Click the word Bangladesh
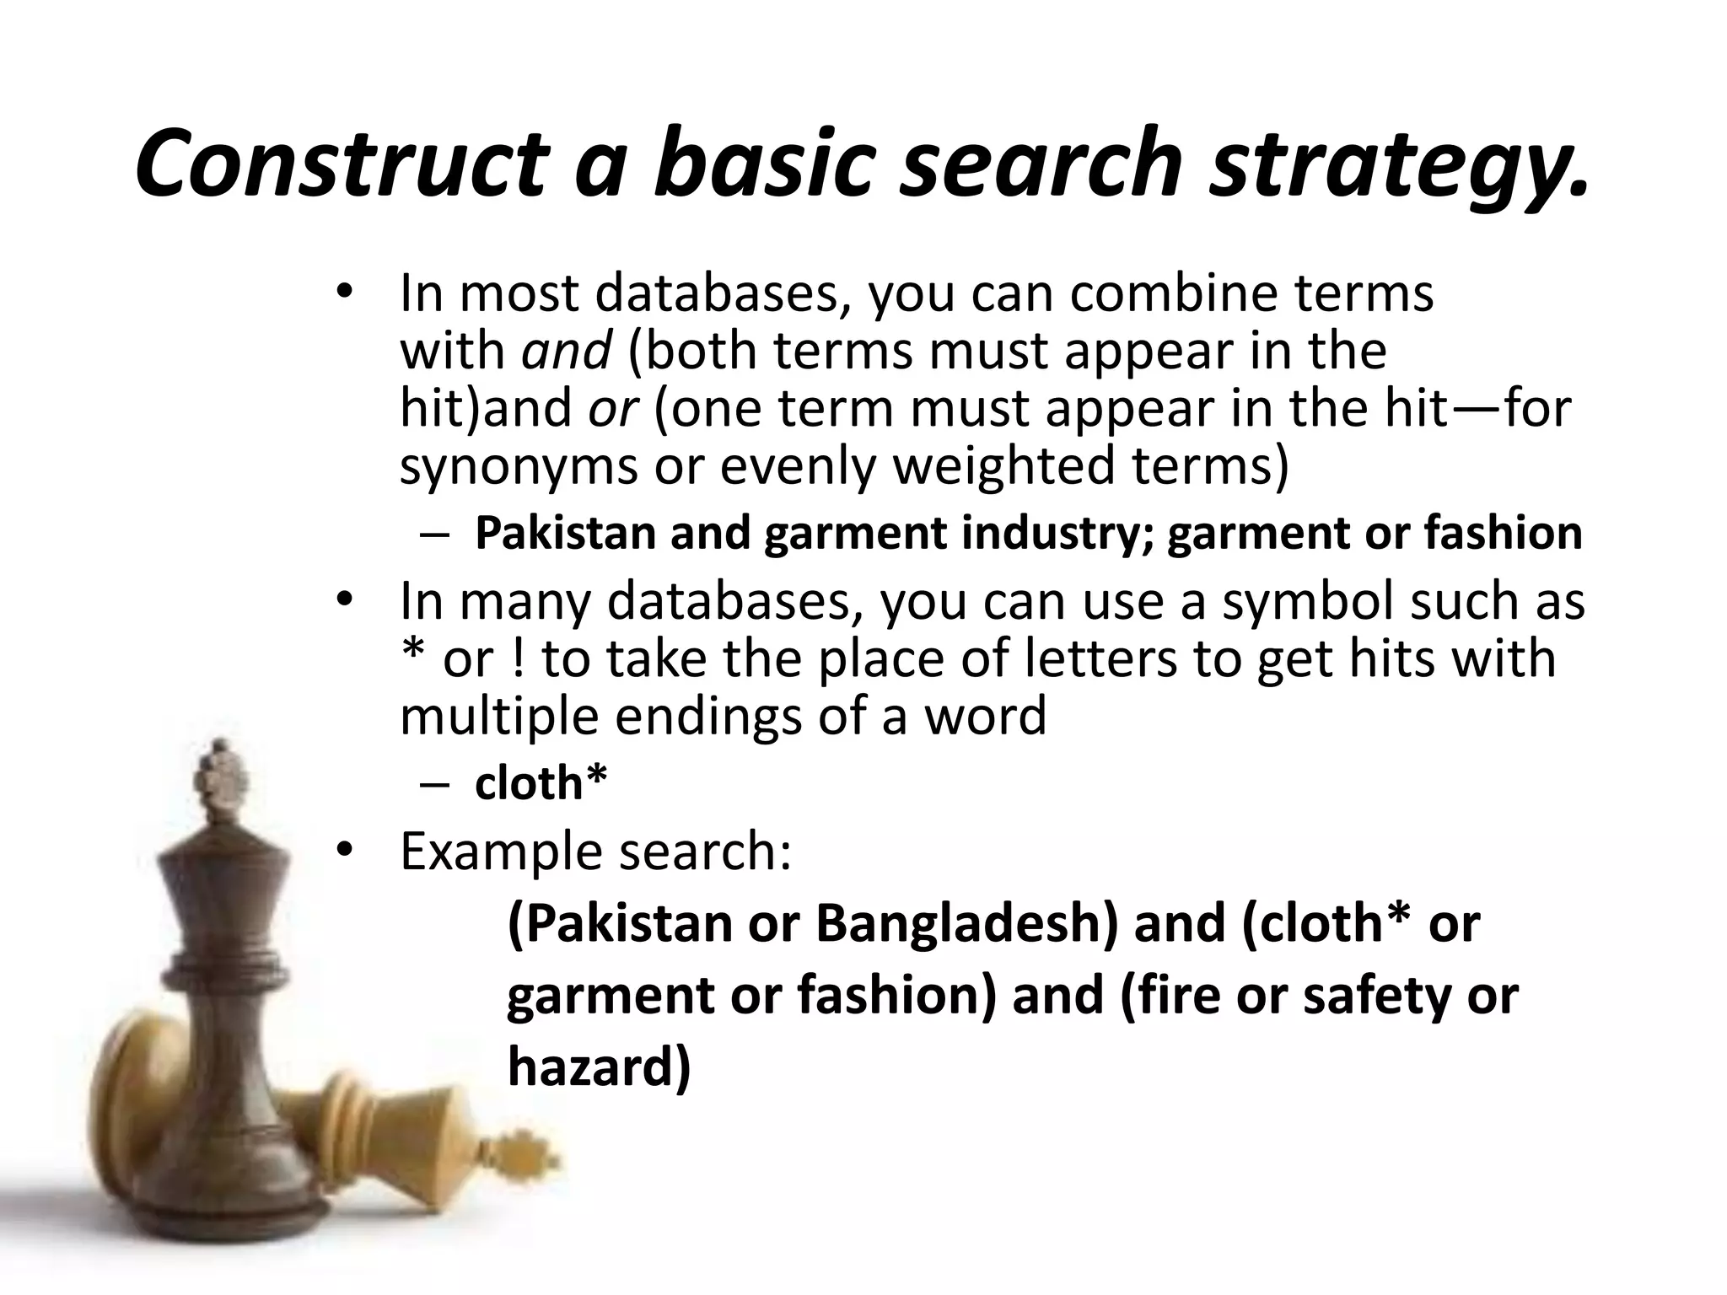[x=966, y=923]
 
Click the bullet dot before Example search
[x=344, y=852]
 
